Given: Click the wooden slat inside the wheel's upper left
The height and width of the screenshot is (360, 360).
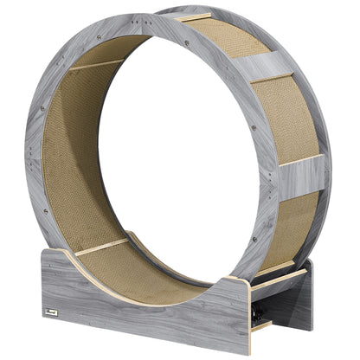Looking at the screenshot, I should click(95, 64).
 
